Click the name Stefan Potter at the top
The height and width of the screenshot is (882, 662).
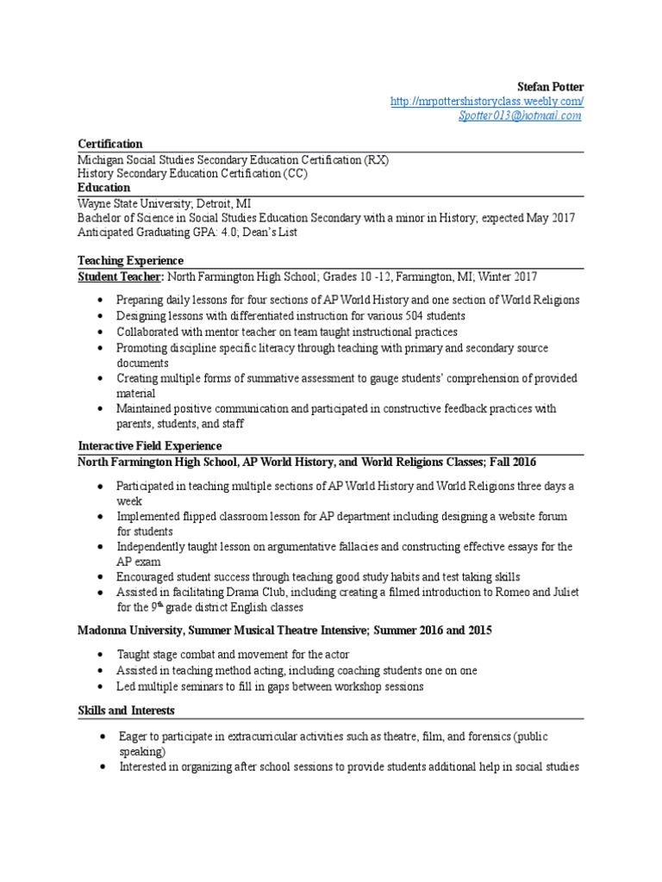(x=550, y=87)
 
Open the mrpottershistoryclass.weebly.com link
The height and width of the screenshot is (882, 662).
(x=487, y=102)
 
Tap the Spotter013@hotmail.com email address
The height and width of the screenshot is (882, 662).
(x=520, y=116)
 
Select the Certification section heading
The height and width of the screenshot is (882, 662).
(x=110, y=144)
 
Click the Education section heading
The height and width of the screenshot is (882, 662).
(x=103, y=188)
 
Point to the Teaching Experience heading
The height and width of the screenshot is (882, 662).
(x=130, y=261)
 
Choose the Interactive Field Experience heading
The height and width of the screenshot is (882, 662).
(x=150, y=446)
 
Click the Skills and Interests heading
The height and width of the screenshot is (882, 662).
(x=127, y=711)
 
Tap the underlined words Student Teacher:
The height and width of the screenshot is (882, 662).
(x=121, y=276)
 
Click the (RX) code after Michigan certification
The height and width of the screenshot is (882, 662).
(x=376, y=159)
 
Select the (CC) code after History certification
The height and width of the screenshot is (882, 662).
(x=295, y=174)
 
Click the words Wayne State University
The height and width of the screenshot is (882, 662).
(x=132, y=203)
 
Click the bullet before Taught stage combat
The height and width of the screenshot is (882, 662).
(x=102, y=655)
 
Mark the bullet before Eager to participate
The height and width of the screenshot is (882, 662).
(x=102, y=737)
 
